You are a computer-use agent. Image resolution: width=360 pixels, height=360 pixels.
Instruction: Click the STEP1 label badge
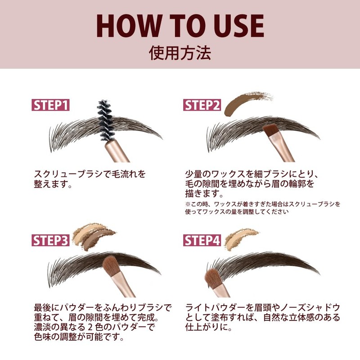[51, 105]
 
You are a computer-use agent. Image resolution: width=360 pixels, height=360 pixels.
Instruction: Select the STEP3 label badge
[51, 240]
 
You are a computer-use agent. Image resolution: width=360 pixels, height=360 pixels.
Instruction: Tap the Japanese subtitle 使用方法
[180, 53]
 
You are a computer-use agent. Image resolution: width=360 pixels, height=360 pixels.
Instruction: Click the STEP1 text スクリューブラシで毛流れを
[90, 174]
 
